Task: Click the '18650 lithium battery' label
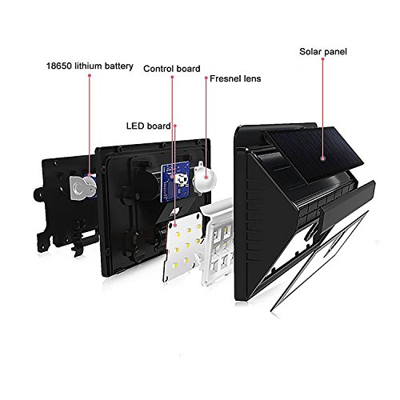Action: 90,66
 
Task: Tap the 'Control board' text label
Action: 172,69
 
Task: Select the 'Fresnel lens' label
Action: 235,78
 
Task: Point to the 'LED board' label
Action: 148,126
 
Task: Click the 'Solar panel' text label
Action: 323,51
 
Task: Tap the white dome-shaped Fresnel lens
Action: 204,178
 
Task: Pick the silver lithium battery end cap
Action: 82,187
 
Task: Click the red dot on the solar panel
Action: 323,158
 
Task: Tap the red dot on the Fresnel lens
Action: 206,177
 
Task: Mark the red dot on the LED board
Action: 175,226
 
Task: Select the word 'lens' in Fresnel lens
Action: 252,78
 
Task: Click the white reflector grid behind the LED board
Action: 218,242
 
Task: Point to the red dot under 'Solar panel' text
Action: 322,58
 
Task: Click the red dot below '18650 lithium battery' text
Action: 90,75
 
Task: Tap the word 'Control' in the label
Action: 158,69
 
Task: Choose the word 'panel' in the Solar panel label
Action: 334,52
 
